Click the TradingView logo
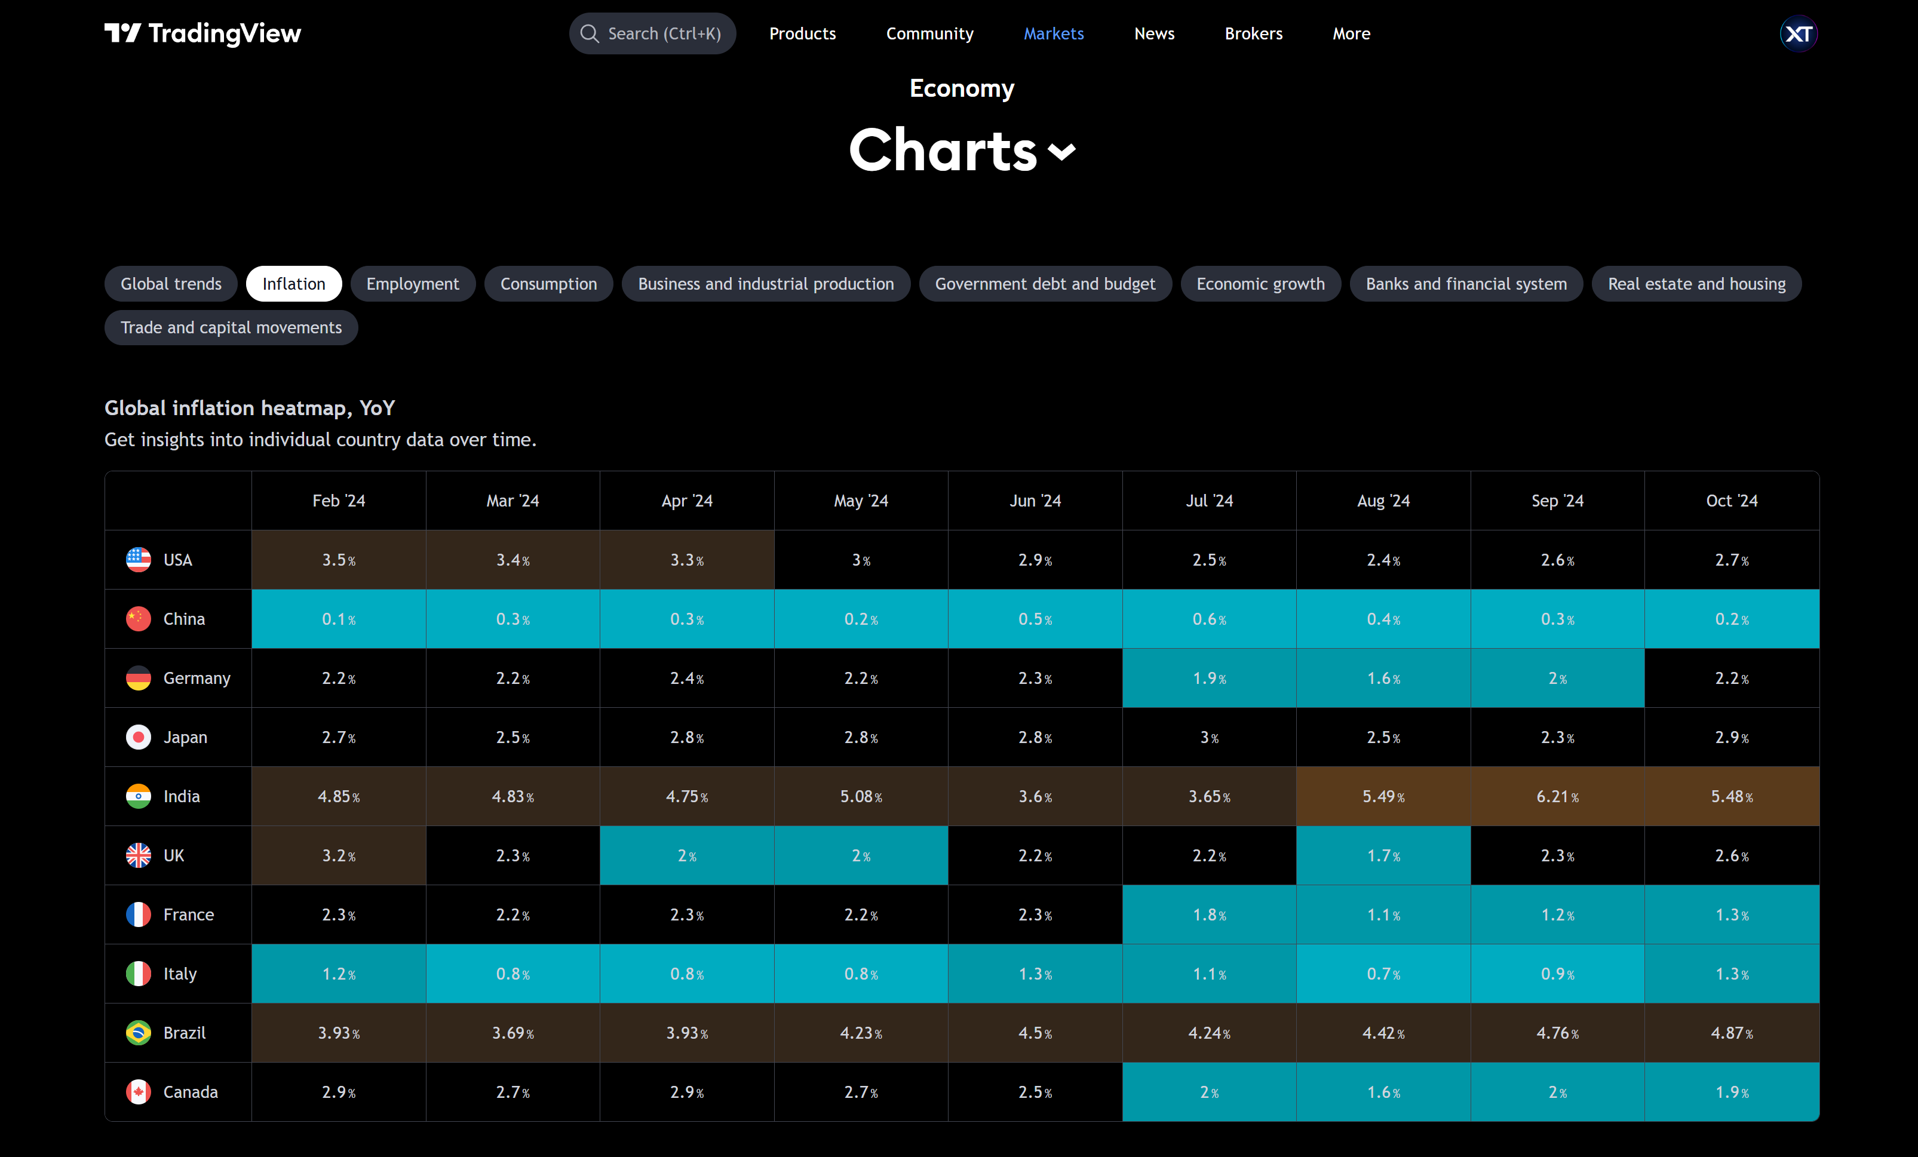tap(202, 33)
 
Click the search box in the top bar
tap(652, 33)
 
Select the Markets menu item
tap(1053, 33)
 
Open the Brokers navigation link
tap(1253, 33)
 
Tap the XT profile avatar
tap(1798, 33)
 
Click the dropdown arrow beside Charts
tap(1062, 151)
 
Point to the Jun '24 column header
tap(1035, 501)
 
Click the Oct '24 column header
tap(1731, 501)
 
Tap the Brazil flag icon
tap(139, 1032)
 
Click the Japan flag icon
tap(139, 737)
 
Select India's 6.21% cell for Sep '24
tap(1557, 796)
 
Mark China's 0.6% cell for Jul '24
tap(1209, 619)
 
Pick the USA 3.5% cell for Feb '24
tap(339, 560)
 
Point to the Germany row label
tap(196, 678)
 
